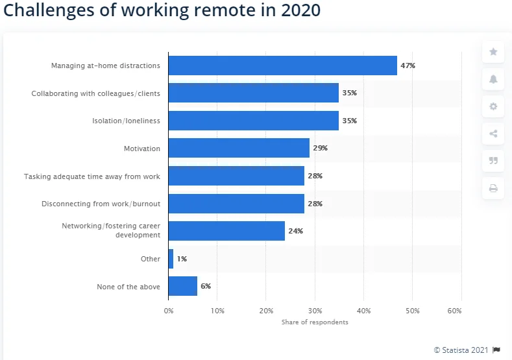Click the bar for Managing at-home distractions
tap(282, 66)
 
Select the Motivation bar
tap(239, 149)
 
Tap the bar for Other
tap(171, 259)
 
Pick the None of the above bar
tap(182, 286)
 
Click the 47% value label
tap(408, 66)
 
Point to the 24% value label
tap(295, 231)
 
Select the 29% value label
tap(320, 149)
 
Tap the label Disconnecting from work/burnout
tap(101, 204)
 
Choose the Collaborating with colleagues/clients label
tap(95, 93)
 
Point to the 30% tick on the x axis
tap(315, 311)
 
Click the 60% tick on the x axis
tap(454, 311)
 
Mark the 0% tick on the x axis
tap(169, 311)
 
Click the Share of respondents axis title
tap(315, 322)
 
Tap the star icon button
tap(493, 52)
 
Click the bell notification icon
tap(493, 79)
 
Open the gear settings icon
tap(493, 106)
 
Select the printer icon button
tap(493, 189)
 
